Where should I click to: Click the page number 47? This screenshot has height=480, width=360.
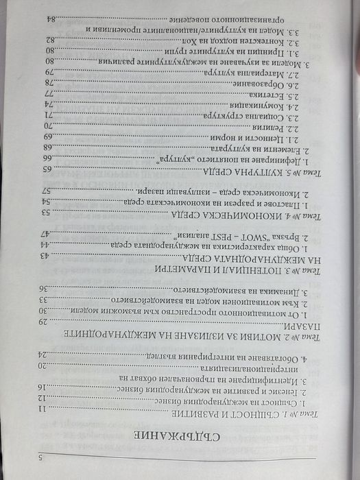tap(46, 234)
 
